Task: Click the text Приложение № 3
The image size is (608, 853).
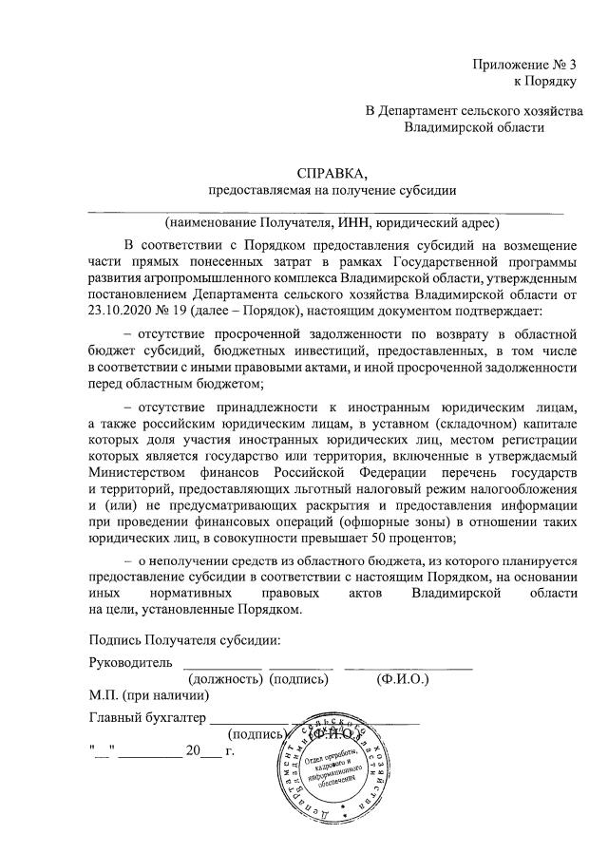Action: [525, 65]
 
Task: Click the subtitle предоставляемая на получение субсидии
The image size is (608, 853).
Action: [332, 190]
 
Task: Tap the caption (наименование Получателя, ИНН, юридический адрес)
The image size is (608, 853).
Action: [330, 223]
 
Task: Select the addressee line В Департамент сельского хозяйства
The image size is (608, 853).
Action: [474, 111]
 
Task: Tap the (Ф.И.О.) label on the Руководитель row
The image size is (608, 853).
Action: [403, 679]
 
